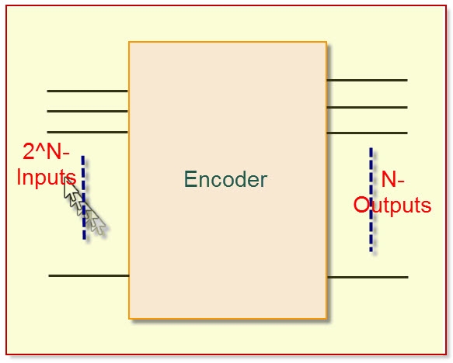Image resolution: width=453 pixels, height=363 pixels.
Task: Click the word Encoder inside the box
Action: pyautogui.click(x=225, y=180)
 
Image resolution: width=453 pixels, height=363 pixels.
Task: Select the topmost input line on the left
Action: pyautogui.click(x=87, y=91)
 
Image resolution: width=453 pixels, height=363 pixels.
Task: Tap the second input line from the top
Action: pyautogui.click(x=87, y=111)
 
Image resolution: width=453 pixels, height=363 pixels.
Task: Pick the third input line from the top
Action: pyautogui.click(x=87, y=132)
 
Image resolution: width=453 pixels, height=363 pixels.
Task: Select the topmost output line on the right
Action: pyautogui.click(x=367, y=80)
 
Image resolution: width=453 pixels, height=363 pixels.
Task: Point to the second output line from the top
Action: pyautogui.click(x=367, y=107)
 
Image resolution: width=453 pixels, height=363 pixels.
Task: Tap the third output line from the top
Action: pyautogui.click(x=367, y=133)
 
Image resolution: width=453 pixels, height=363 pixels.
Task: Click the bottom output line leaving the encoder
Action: pyautogui.click(x=367, y=277)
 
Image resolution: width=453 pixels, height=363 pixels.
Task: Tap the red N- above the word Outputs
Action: pyautogui.click(x=392, y=180)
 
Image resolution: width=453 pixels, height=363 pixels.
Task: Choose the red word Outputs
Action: pyautogui.click(x=392, y=206)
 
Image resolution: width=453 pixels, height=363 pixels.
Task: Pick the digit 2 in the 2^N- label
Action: pyautogui.click(x=29, y=151)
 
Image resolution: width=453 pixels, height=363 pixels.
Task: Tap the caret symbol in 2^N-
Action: pyautogui.click(x=40, y=148)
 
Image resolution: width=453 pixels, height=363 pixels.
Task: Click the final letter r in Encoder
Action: pyautogui.click(x=263, y=181)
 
